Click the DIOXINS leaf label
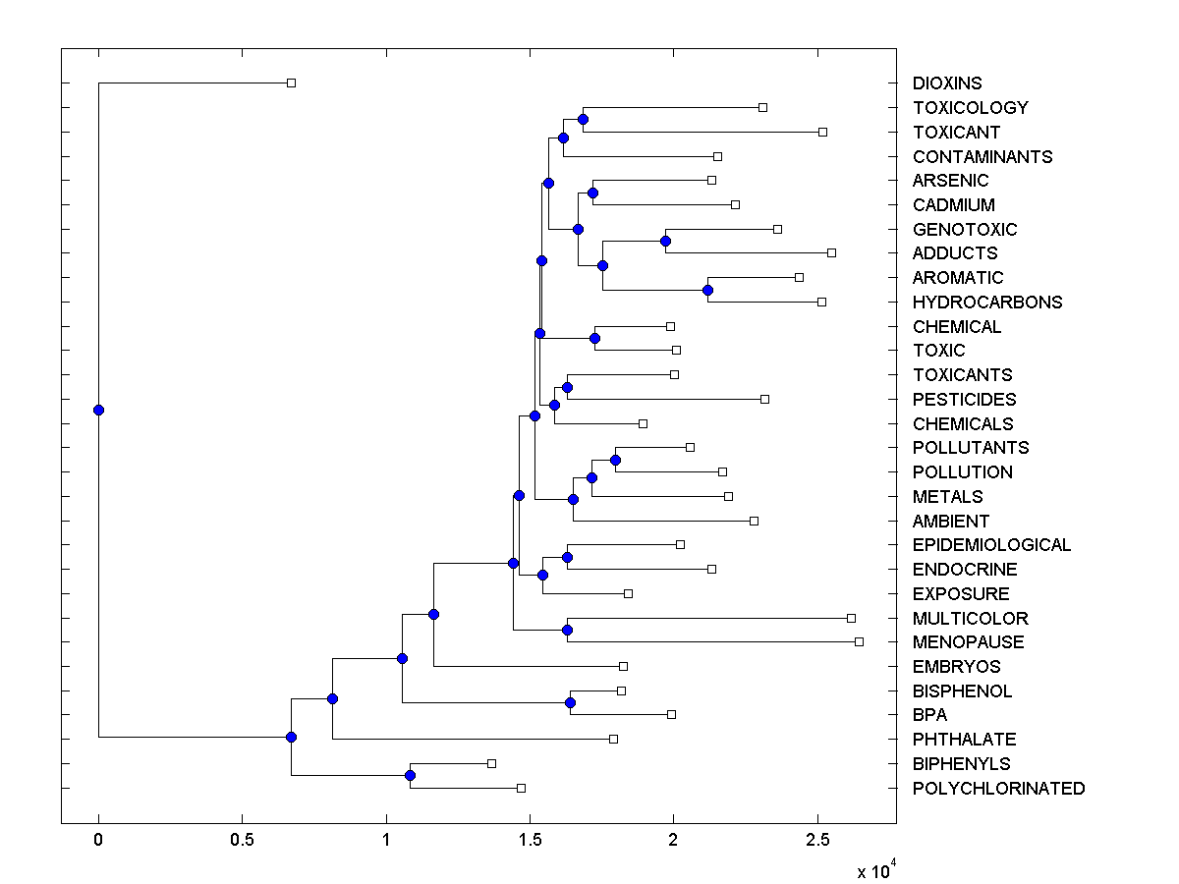[x=946, y=83]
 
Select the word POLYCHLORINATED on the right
[x=998, y=789]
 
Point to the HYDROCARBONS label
[x=986, y=303]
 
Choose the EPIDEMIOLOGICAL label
[x=991, y=545]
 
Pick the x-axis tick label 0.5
[x=242, y=841]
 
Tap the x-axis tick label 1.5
[x=530, y=841]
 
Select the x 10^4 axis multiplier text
[x=876, y=869]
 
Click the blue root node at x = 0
[x=98, y=411]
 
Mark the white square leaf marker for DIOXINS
[x=291, y=83]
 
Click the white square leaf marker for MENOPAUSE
[x=859, y=642]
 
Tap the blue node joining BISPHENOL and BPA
[x=570, y=702]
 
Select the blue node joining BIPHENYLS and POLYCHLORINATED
[x=410, y=776]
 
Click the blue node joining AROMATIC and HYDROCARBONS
[x=707, y=290]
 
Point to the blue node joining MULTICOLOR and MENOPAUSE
[x=567, y=630]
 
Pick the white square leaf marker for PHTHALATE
[x=613, y=740]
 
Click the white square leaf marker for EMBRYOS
[x=623, y=666]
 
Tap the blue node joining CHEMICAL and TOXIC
[x=594, y=338]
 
